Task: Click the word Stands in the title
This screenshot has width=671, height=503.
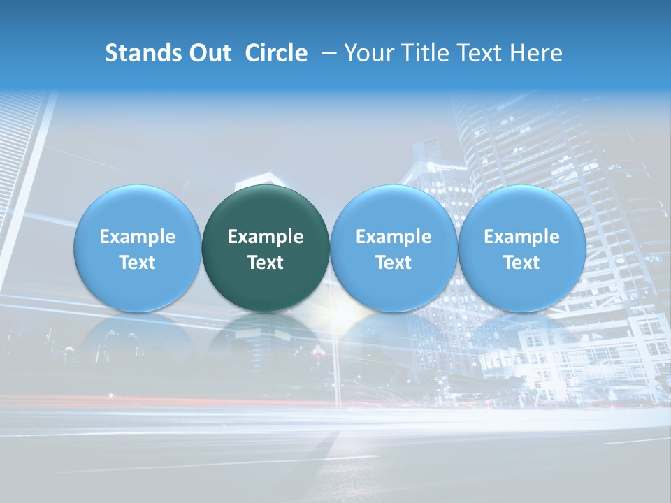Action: coord(143,53)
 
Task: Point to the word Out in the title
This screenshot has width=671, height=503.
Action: coord(209,53)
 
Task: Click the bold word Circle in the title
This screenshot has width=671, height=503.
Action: coord(276,53)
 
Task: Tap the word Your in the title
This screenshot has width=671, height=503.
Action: coord(367,53)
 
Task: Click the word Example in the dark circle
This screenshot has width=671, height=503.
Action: coord(266,237)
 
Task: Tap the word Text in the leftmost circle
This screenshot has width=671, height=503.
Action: coord(137,263)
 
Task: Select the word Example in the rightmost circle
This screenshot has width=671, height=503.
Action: coord(521,237)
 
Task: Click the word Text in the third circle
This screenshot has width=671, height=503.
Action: coord(394,263)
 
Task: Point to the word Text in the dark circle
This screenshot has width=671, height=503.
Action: coord(266,263)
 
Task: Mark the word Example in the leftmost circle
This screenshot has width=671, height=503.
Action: coord(137,237)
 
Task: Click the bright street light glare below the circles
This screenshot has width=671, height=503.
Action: coord(340,318)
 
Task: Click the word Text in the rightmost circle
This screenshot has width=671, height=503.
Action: coord(521,263)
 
